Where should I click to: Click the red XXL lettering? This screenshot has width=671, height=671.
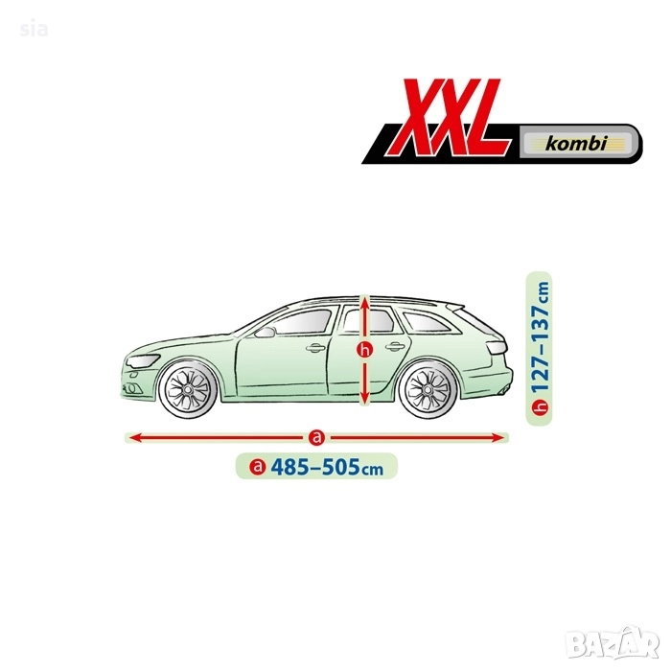point(451,117)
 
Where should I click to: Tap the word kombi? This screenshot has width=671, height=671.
point(576,143)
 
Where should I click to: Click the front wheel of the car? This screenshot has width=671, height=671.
point(188,389)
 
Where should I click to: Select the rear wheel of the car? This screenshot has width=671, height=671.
point(428,389)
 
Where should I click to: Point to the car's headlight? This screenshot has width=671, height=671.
point(143,361)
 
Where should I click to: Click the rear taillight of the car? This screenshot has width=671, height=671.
point(497,347)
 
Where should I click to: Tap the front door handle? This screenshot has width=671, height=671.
point(315,348)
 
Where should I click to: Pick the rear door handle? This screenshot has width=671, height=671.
point(395,347)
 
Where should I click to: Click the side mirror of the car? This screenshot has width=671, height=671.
point(264,333)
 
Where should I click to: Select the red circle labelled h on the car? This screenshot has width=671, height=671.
point(364,351)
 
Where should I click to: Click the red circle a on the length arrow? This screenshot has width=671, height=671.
point(316,437)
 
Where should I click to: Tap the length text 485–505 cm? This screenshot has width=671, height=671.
point(327,466)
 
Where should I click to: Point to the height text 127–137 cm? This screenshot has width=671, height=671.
point(540,336)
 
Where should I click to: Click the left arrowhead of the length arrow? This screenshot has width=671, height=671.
point(136,438)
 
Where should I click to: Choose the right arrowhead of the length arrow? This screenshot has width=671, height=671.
point(497,438)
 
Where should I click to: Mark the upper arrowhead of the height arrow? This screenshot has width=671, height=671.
point(364,305)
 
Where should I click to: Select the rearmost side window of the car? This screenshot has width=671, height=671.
point(427,322)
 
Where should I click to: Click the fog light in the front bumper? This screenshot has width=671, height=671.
point(131,388)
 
